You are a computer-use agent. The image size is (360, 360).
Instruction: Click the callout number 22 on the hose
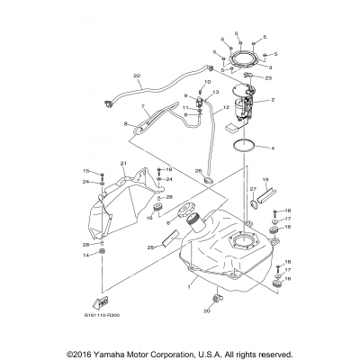coord(137,75)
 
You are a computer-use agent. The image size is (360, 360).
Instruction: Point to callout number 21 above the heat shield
coord(123,163)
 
